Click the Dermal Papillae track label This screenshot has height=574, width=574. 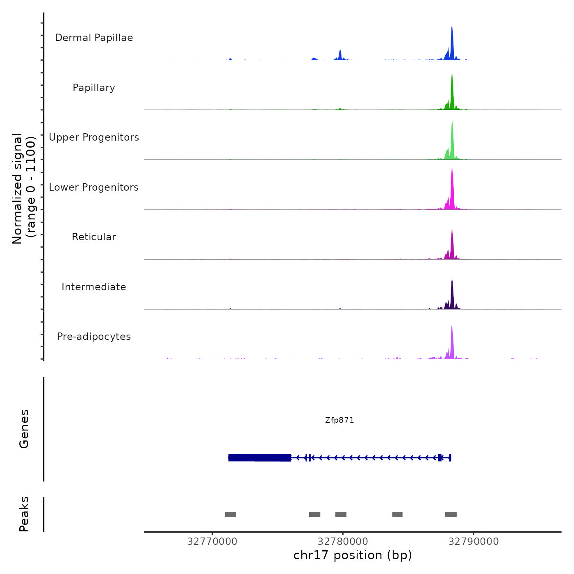[94, 38]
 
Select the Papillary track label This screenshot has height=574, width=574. [94, 88]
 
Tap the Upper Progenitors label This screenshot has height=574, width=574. [94, 137]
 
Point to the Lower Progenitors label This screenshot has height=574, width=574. [94, 187]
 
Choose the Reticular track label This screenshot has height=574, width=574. [94, 237]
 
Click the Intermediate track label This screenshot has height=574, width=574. [94, 287]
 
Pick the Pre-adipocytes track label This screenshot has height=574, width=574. [94, 337]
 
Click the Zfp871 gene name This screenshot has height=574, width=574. [339, 420]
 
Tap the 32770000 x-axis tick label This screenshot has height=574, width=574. [212, 542]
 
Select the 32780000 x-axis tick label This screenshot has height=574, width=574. [343, 542]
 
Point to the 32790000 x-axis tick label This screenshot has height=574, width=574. [474, 542]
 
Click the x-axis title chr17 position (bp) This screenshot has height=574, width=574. [353, 555]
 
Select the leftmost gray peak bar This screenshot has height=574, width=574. [230, 515]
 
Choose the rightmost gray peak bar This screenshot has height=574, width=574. [451, 515]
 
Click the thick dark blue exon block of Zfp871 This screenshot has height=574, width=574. [260, 458]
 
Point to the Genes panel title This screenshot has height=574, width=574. [24, 429]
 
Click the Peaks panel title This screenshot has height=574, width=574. [24, 514]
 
